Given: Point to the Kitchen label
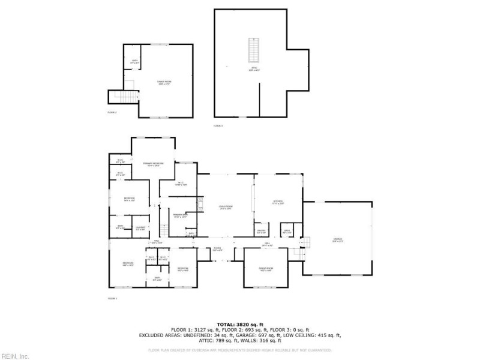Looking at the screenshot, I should pyautogui.click(x=278, y=202).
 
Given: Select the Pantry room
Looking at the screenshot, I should pyautogui.click(x=262, y=231).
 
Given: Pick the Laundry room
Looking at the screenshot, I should pyautogui.click(x=140, y=228).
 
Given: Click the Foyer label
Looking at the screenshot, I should pyautogui.click(x=217, y=249).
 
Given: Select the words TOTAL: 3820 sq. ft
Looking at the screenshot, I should pyautogui.click(x=239, y=324).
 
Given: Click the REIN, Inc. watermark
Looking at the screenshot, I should pyautogui.click(x=14, y=356).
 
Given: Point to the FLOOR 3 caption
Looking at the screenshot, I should pyautogui.click(x=218, y=126).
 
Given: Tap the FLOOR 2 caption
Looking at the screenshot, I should pyautogui.click(x=112, y=112).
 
